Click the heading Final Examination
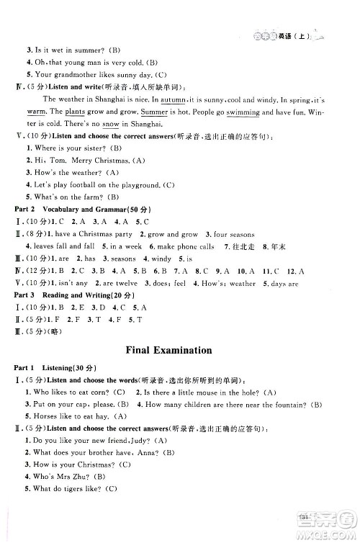point(168,351)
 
